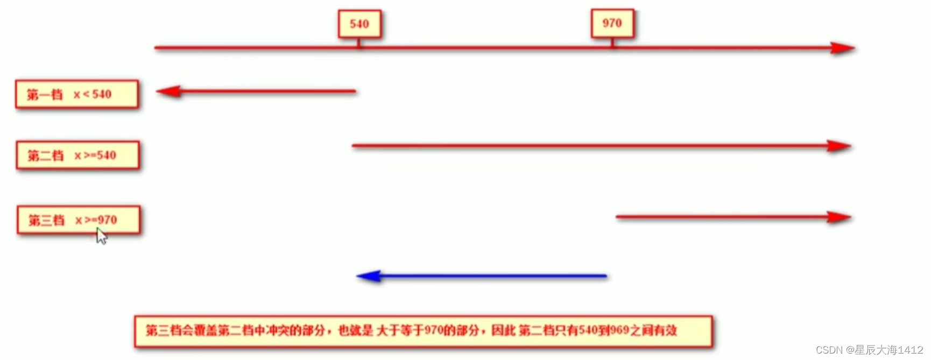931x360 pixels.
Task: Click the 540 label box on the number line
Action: pyautogui.click(x=359, y=24)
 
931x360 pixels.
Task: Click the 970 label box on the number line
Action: pyautogui.click(x=612, y=23)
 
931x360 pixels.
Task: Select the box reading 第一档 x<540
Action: pyautogui.click(x=77, y=95)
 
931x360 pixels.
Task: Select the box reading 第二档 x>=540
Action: pyautogui.click(x=77, y=156)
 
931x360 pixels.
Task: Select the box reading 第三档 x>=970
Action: pyautogui.click(x=79, y=220)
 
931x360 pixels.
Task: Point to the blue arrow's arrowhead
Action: pyautogui.click(x=369, y=276)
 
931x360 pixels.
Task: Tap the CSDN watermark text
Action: pyautogui.click(x=869, y=350)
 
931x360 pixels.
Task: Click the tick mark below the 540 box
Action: pyautogui.click(x=359, y=44)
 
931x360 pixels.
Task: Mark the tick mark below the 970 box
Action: pyautogui.click(x=612, y=43)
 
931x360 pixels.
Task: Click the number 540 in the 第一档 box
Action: pyautogui.click(x=102, y=95)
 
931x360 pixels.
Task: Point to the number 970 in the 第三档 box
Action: pyautogui.click(x=107, y=220)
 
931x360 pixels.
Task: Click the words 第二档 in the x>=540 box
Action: pyautogui.click(x=46, y=156)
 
